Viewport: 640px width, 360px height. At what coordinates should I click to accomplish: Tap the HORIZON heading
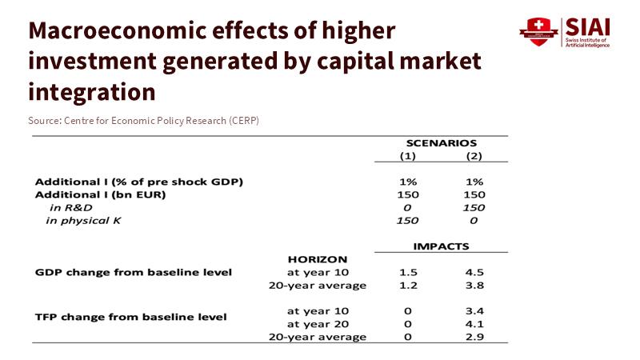tap(317, 259)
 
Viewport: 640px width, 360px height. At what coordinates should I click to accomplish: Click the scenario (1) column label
tap(407, 156)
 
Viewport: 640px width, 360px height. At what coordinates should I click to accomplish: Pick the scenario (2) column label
tap(474, 156)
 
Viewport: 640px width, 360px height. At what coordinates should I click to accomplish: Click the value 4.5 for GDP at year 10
tap(474, 272)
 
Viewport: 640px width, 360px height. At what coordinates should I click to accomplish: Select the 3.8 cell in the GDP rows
tap(474, 286)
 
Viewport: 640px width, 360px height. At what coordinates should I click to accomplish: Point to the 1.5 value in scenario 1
tap(407, 272)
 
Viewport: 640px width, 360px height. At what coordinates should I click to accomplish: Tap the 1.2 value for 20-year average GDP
tap(407, 286)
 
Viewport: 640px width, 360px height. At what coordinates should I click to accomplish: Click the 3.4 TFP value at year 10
tap(474, 310)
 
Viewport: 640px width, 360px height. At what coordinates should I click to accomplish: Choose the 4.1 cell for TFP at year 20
tap(474, 323)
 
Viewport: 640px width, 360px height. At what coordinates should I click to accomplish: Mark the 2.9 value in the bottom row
tap(474, 337)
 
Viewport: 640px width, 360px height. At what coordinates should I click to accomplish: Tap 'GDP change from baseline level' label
tap(134, 272)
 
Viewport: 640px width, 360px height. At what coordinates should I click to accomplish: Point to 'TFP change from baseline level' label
tap(131, 316)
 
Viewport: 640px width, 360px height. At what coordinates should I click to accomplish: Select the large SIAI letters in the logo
tap(587, 26)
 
